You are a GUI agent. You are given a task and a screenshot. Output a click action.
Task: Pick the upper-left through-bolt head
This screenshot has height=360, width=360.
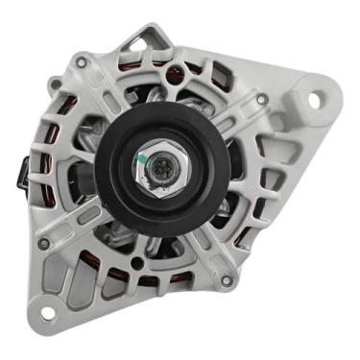tap(83, 62)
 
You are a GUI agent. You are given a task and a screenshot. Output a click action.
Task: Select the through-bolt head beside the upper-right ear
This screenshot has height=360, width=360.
tap(262, 99)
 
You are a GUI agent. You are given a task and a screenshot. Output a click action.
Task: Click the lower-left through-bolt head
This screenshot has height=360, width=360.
tap(44, 244)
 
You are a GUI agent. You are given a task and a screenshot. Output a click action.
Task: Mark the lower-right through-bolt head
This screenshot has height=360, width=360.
tap(226, 280)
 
